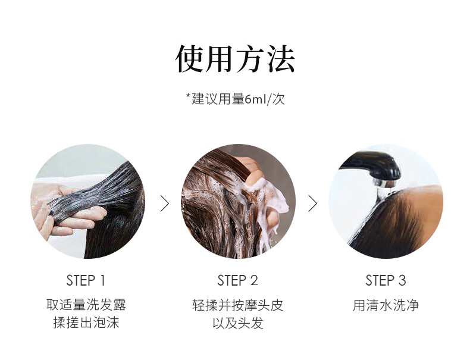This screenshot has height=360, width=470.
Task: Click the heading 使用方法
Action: [236, 59]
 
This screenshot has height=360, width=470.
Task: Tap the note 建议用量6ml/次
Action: [238, 99]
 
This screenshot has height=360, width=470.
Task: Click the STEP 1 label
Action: [86, 281]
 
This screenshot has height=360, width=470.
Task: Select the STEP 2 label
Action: [237, 281]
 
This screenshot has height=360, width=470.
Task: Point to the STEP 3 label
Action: [386, 281]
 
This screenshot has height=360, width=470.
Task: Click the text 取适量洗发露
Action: [86, 305]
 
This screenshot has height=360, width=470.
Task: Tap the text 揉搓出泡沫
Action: [86, 323]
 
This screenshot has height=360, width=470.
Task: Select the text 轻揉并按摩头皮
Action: [238, 305]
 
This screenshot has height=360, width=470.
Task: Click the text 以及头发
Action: [238, 323]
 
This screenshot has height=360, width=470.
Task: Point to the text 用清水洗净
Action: [386, 305]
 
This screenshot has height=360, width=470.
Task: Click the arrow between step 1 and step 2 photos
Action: [165, 204]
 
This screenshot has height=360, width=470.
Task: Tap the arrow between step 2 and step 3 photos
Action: [313, 204]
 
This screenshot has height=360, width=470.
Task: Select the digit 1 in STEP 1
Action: [103, 281]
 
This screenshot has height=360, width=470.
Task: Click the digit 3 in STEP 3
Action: [402, 281]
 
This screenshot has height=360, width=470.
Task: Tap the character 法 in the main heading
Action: [281, 59]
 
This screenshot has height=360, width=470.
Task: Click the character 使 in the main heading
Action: [190, 59]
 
